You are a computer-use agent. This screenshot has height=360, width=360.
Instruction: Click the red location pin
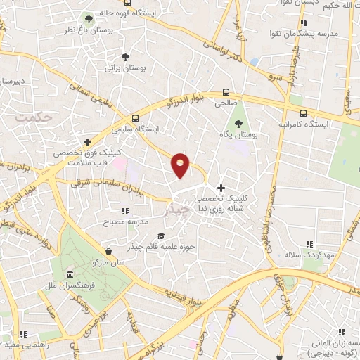[x=181, y=165]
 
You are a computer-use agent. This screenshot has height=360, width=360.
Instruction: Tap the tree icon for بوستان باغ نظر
[x=88, y=19]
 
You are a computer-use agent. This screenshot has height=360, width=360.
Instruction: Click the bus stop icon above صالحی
[x=226, y=92]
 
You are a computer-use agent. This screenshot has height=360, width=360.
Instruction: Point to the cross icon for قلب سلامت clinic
[x=86, y=142]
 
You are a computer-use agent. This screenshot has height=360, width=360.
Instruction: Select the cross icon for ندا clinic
[x=221, y=188]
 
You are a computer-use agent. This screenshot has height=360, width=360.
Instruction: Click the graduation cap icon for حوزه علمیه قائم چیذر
[x=161, y=236]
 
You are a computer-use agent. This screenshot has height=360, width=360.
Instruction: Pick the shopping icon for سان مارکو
[x=108, y=251]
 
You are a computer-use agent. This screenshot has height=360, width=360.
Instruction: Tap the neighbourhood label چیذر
[x=175, y=209]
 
